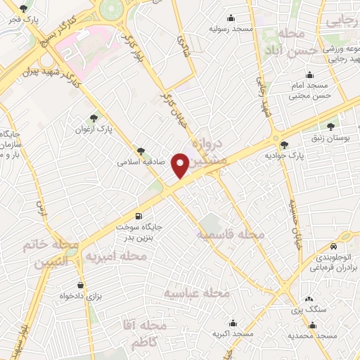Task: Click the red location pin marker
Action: [x=180, y=165]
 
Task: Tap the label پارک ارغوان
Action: [x=94, y=130]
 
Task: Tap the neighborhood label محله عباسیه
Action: [x=198, y=292]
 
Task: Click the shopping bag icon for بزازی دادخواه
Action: [x=82, y=285]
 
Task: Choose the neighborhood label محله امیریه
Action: [x=116, y=257]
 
